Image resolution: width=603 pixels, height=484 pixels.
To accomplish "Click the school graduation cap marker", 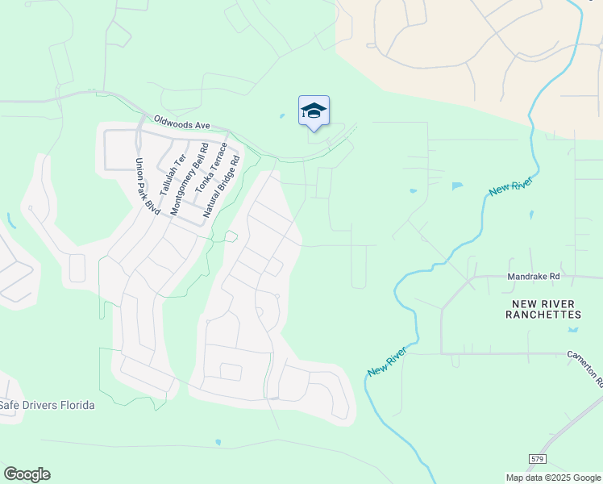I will coord(314,111).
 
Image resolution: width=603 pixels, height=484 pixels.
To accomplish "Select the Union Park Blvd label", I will coord(147,186).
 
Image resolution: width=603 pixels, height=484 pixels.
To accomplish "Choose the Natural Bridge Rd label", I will coord(222,187).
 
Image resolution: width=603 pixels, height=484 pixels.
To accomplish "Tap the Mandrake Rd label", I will coord(533,276).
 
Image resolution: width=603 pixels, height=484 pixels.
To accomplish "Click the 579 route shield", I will coord(537,458).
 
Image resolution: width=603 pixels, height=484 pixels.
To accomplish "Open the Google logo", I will coord(27,474).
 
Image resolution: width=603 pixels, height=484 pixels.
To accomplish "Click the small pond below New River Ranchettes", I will coord(573,330).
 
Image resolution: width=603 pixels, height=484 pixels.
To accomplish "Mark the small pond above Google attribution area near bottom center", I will coord(218,442).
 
